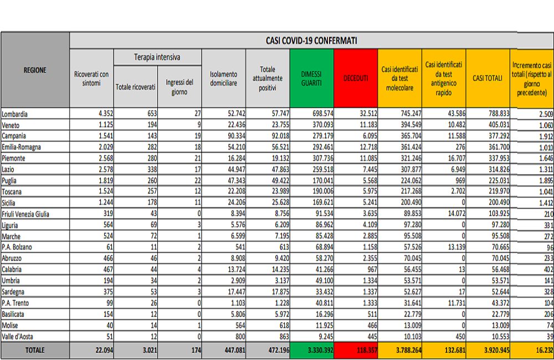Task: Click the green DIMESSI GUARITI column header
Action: [x=311, y=78]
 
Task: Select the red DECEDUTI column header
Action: [x=356, y=78]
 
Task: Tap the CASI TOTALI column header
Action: [x=488, y=78]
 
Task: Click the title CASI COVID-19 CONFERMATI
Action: [x=311, y=41]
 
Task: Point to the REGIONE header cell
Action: [x=35, y=70]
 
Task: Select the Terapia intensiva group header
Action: [x=157, y=58]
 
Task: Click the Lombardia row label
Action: [x=15, y=114]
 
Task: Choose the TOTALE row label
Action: [x=35, y=350]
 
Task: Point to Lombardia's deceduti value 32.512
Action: [x=365, y=114]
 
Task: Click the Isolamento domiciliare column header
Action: [x=223, y=78]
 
